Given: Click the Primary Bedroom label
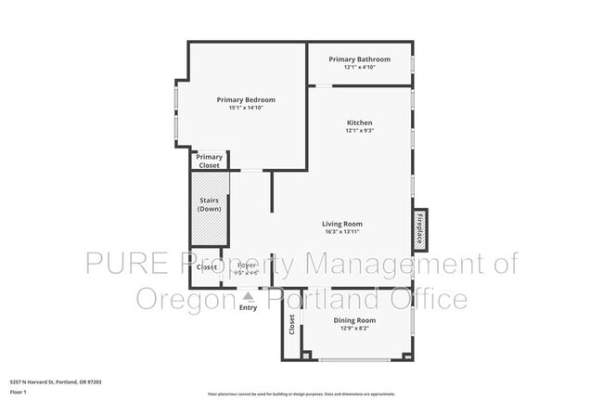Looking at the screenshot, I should [246, 99].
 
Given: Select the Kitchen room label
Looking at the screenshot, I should [360, 123].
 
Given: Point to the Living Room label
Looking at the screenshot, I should [342, 224].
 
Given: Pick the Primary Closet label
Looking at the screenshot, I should [210, 161].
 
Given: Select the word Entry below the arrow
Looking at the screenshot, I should [248, 306].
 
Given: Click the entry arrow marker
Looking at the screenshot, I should [248, 295].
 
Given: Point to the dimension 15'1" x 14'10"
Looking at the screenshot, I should [246, 109].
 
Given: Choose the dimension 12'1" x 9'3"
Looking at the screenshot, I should [360, 131].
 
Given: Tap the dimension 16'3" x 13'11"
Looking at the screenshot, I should [342, 232].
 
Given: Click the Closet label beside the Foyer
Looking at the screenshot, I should [207, 267].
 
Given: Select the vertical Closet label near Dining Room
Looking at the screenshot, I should [292, 325].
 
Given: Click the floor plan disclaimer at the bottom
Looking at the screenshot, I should [301, 394].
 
